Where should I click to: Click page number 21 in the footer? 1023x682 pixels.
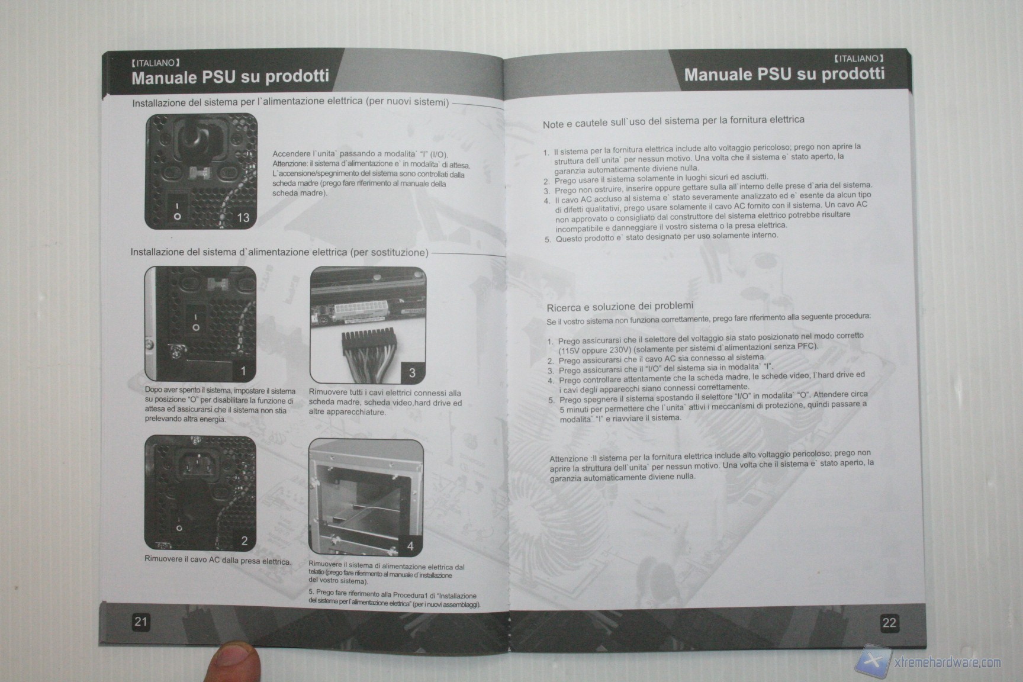[140, 621]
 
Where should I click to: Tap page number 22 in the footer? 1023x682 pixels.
[889, 622]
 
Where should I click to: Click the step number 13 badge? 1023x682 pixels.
[243, 217]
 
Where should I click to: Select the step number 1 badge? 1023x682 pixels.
[243, 371]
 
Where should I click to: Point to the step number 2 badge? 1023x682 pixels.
[244, 541]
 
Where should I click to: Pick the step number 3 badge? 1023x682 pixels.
[412, 373]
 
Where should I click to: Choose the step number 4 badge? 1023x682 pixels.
[410, 546]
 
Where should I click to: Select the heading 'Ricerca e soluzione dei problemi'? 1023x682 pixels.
[620, 307]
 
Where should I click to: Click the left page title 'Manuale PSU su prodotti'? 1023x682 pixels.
[230, 77]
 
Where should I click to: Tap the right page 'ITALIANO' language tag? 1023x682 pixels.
[858, 59]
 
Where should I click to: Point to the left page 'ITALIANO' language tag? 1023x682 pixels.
[155, 62]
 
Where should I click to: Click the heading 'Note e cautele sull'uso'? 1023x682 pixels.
[674, 121]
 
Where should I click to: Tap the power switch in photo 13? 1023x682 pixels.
[178, 208]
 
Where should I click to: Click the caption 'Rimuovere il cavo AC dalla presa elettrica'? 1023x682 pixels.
[218, 560]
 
